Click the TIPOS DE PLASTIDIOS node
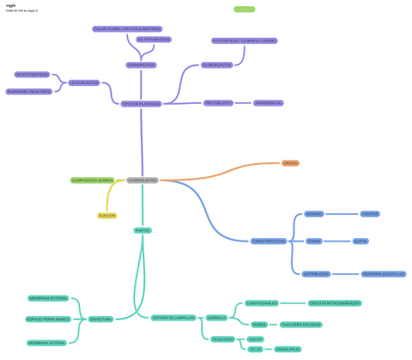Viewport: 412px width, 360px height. click(141, 103)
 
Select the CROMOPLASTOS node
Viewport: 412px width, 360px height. click(142, 65)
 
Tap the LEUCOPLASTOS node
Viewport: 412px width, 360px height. click(83, 83)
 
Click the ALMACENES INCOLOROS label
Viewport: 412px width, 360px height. click(28, 91)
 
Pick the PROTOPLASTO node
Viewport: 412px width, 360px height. click(218, 103)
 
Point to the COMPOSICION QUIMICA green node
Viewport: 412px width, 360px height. click(93, 180)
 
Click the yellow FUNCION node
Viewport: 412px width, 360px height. click(106, 216)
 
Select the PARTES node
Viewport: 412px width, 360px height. click(142, 230)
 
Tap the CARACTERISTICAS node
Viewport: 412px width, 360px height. click(269, 241)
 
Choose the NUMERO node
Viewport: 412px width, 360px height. click(314, 214)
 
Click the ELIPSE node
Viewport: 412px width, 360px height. click(360, 241)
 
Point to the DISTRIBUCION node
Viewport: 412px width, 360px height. click(316, 274)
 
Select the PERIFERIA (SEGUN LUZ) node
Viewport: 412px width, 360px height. click(384, 274)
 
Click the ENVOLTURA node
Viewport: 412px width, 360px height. click(100, 319)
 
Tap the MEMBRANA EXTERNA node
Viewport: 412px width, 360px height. click(48, 298)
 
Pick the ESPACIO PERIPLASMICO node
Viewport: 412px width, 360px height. click(48, 319)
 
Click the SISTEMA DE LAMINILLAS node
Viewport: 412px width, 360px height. click(173, 317)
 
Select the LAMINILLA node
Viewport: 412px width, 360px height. click(216, 317)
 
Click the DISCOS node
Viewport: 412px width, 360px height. click(255, 339)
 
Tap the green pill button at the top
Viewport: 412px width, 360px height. click(244, 9)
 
